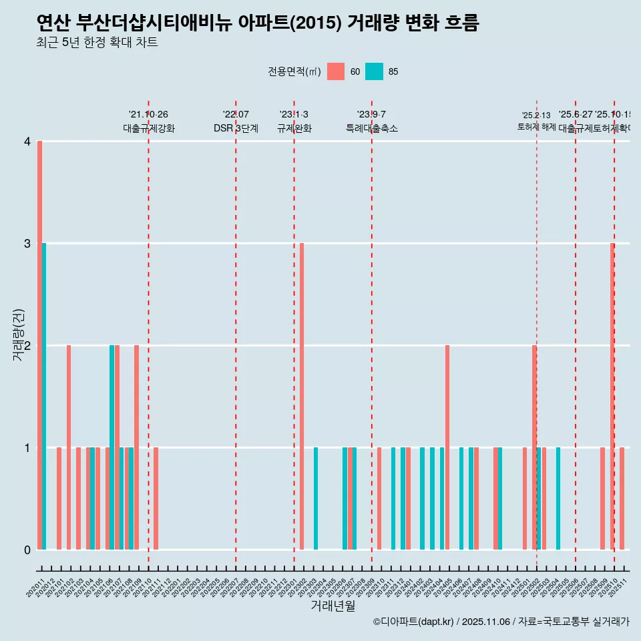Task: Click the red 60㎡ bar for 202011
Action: point(40,345)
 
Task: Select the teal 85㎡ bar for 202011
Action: point(45,396)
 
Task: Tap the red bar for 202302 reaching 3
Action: point(302,396)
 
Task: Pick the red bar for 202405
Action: point(447,447)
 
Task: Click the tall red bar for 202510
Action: point(612,396)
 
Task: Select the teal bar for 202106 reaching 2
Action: point(112,447)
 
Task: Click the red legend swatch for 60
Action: point(336,71)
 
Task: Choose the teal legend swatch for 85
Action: point(375,71)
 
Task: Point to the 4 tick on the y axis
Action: point(27,142)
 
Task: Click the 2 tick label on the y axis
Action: point(27,346)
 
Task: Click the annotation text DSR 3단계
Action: point(236,128)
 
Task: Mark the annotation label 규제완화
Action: point(294,128)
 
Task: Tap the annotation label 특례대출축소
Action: point(372,128)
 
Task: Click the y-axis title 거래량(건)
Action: point(19,335)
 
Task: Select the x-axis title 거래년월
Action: point(333,606)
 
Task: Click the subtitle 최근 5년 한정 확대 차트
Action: point(97,43)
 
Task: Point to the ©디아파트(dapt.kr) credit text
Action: point(414,622)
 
